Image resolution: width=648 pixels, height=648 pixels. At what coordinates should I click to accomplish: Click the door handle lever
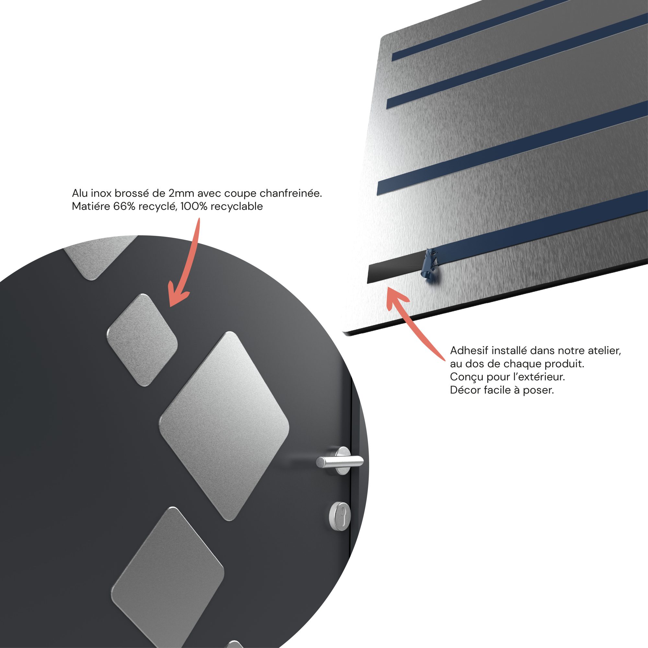[x=340, y=461]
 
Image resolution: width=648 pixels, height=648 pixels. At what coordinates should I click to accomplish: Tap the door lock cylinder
[x=340, y=516]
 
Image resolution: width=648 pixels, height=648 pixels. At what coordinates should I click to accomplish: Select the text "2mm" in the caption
[x=181, y=193]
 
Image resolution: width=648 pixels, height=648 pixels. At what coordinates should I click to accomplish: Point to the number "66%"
[x=124, y=207]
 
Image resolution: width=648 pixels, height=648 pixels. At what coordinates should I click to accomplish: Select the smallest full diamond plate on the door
[x=142, y=340]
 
